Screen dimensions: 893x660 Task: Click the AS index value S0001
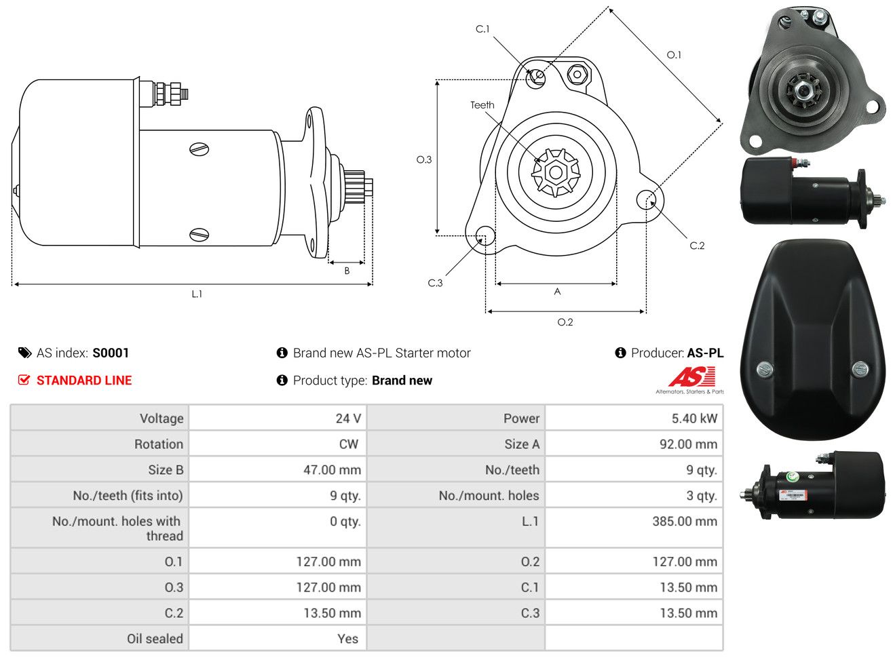click(x=111, y=353)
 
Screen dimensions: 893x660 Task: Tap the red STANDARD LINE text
click(x=84, y=381)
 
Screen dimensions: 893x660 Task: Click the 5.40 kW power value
click(x=694, y=419)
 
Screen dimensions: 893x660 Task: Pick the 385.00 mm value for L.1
click(x=685, y=521)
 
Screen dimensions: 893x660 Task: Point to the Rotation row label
click(x=159, y=444)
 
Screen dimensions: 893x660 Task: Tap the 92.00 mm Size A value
click(x=688, y=444)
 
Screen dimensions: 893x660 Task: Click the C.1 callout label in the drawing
click(x=482, y=29)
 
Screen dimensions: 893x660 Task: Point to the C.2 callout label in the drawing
click(x=697, y=246)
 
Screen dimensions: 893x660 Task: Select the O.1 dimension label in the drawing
click(x=674, y=55)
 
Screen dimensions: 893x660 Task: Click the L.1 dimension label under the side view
click(x=197, y=294)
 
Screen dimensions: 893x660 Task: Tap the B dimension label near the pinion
click(x=347, y=271)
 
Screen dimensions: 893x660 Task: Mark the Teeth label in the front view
click(x=482, y=105)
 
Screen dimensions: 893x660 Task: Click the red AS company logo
click(x=691, y=376)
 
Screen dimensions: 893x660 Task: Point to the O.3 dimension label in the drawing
click(x=424, y=160)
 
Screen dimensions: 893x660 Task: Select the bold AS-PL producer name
click(x=706, y=353)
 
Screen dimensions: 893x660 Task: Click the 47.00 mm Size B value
click(x=332, y=470)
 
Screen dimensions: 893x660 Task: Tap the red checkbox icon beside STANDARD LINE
click(x=24, y=380)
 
